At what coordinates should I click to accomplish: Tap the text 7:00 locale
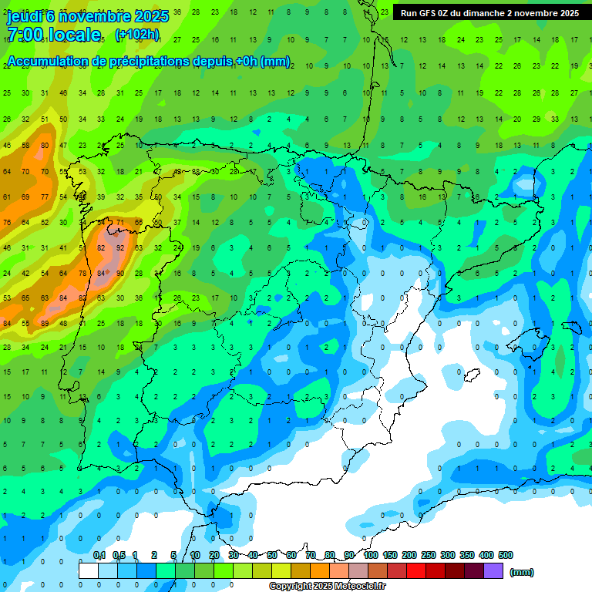click(53, 35)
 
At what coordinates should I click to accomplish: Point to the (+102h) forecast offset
click(136, 35)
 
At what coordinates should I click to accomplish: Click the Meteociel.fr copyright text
click(327, 587)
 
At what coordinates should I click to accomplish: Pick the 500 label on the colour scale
click(506, 556)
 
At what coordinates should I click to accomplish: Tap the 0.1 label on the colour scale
click(99, 556)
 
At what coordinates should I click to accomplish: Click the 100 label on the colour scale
click(371, 556)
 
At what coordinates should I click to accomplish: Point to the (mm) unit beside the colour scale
click(522, 572)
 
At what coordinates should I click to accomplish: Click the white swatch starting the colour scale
click(89, 571)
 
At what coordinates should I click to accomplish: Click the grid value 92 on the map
click(120, 248)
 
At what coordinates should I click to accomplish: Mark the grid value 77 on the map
click(44, 197)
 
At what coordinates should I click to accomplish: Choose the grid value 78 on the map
click(82, 274)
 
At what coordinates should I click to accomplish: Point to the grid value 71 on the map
click(120, 223)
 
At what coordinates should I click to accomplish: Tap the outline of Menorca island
click(571, 323)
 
